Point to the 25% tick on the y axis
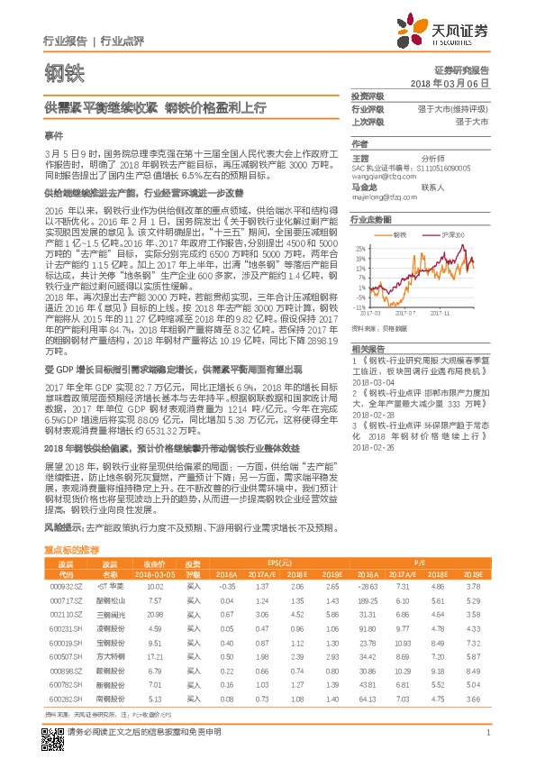pyautogui.click(x=360, y=247)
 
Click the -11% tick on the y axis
pyautogui.click(x=360, y=307)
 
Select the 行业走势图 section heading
pyautogui.click(x=371, y=219)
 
